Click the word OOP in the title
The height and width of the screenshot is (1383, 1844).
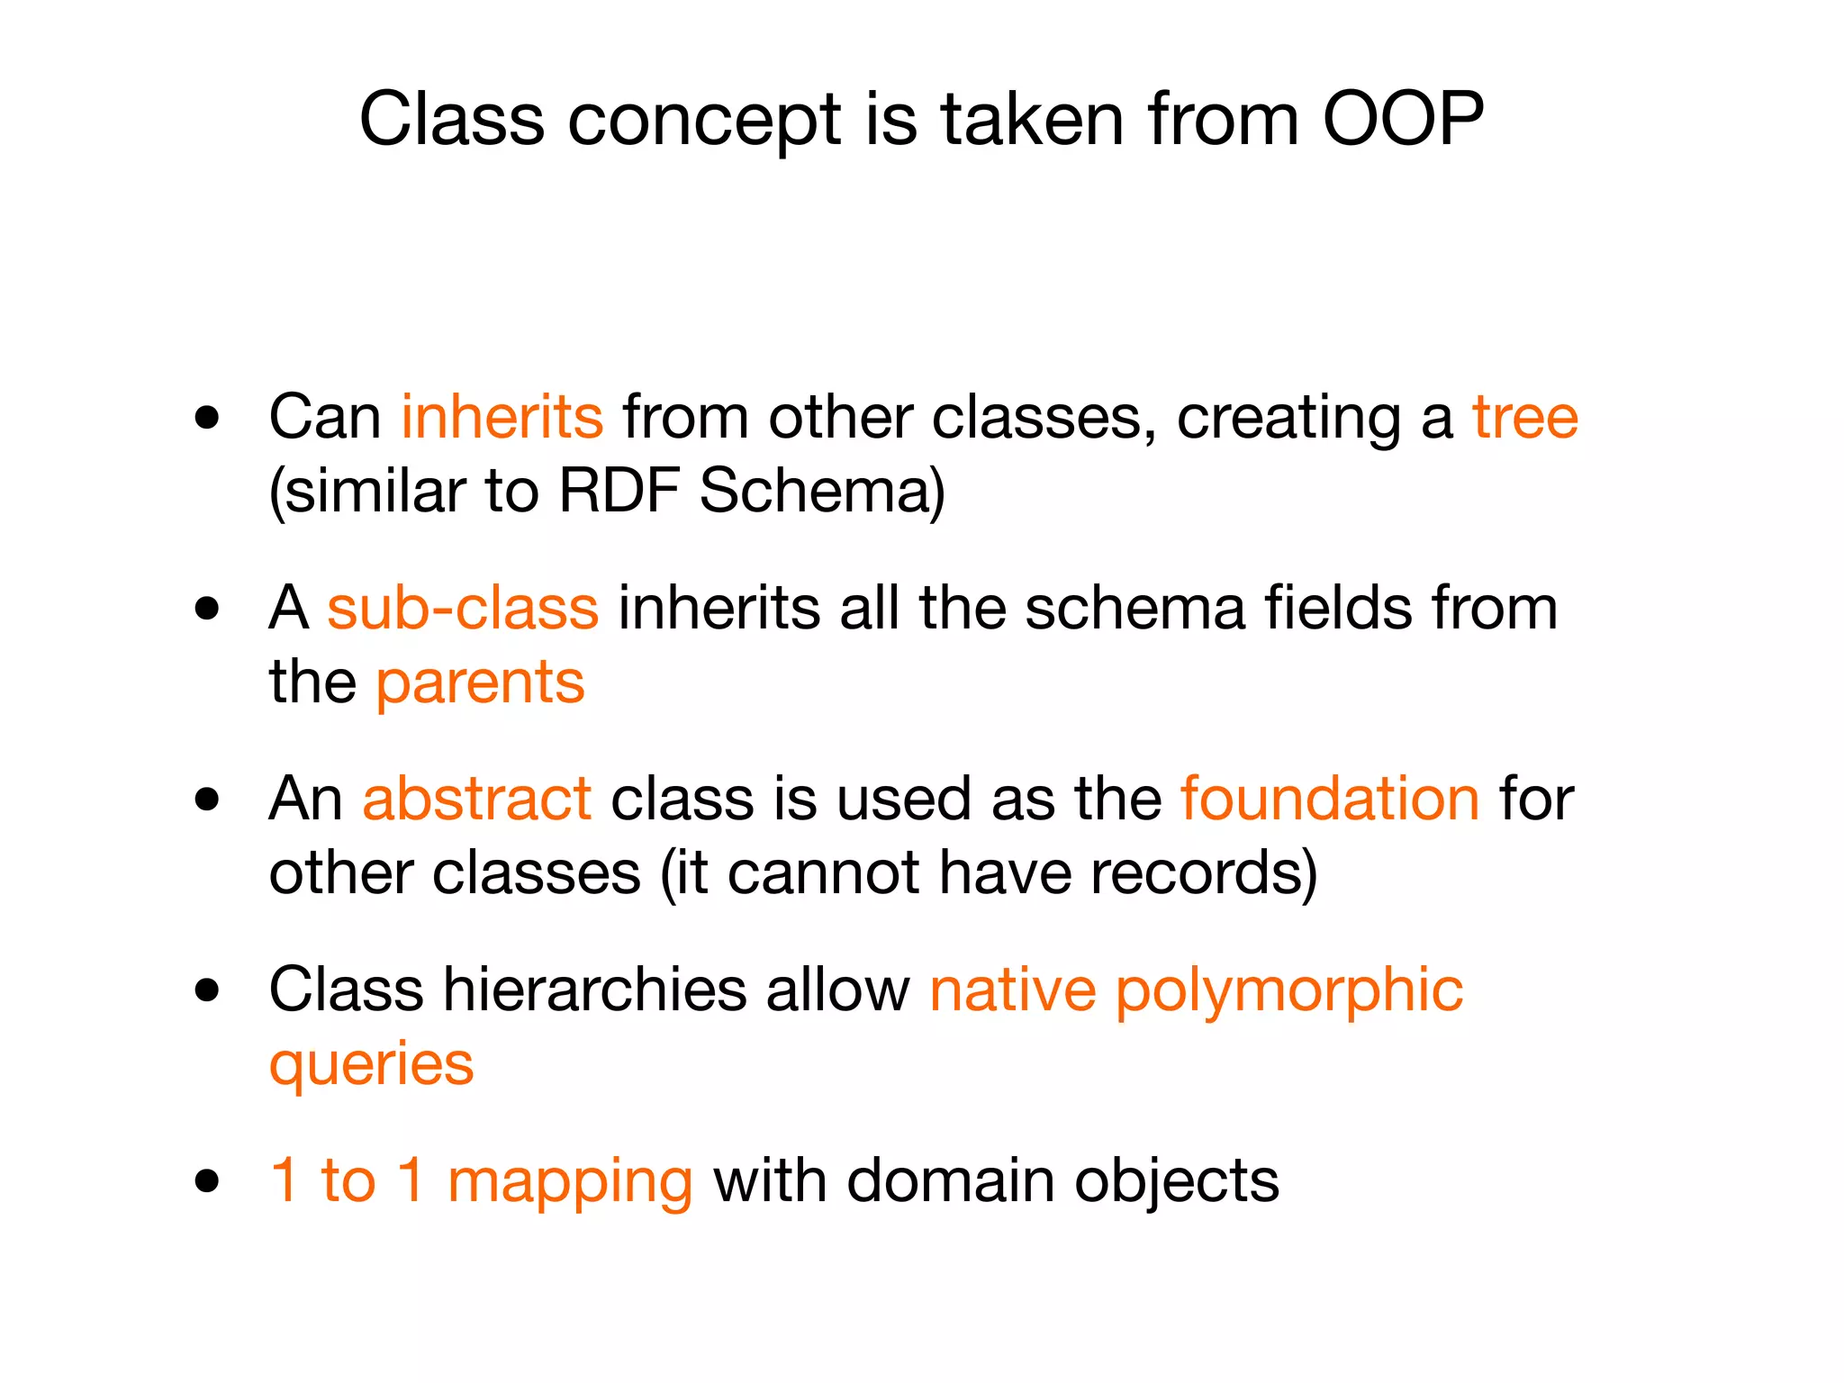(x=1403, y=119)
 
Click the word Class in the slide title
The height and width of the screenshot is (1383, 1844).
(x=451, y=119)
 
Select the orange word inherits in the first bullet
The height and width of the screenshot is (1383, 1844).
(x=502, y=418)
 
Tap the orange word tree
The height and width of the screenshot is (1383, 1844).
(x=1524, y=418)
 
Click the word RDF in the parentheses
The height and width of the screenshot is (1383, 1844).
(x=618, y=492)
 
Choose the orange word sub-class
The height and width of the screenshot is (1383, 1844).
(x=462, y=608)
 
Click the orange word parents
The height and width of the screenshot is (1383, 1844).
(x=480, y=683)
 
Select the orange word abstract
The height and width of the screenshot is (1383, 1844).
(x=476, y=799)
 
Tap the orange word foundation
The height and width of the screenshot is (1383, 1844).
(x=1330, y=799)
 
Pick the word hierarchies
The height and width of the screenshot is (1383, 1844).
(x=594, y=990)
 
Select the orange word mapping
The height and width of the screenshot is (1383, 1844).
(x=569, y=1181)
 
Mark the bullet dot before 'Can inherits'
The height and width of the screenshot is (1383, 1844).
(x=207, y=418)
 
